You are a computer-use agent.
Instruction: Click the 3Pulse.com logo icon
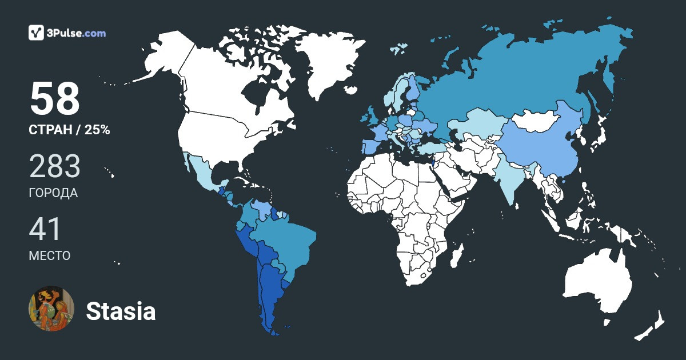36,33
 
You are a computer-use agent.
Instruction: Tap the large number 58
54,99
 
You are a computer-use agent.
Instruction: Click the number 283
54,166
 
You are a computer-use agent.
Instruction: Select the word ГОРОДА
53,193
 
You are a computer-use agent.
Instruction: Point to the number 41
45,229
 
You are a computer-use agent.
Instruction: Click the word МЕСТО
49,255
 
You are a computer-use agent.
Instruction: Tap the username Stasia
121,311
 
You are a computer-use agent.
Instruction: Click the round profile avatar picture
51,309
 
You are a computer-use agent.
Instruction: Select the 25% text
97,130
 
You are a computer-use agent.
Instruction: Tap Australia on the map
597,283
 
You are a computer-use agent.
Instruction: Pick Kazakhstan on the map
477,123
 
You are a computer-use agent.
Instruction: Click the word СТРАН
51,130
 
